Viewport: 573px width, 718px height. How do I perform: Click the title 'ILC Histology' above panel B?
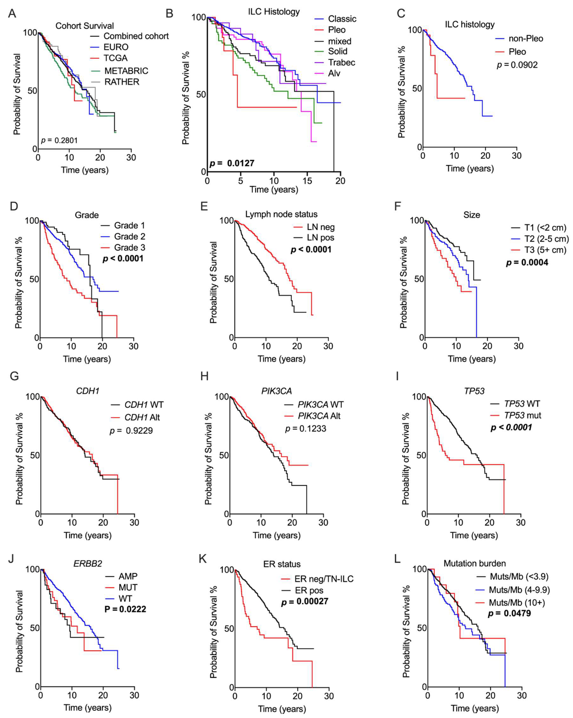274,12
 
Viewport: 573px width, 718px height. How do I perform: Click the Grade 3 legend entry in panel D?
129,247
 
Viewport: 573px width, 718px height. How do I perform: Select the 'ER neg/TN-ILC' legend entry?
324,579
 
